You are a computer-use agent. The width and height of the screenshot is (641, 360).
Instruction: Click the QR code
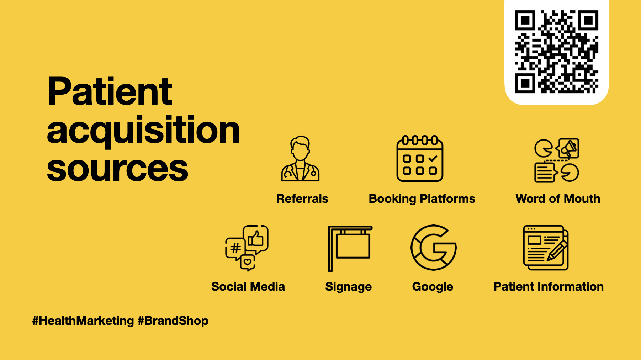point(556,52)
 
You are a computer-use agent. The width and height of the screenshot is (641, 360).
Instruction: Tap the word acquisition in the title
point(143,131)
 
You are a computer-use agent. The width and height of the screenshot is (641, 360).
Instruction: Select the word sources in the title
point(117,169)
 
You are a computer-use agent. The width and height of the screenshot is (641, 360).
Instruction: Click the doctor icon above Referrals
point(300,159)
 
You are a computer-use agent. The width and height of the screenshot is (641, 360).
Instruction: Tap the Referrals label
point(302,198)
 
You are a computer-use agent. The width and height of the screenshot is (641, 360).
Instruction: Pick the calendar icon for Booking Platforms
point(420,158)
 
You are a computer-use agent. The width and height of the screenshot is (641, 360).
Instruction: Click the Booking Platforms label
point(422,199)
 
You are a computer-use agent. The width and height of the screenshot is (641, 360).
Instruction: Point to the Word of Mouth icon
point(557,160)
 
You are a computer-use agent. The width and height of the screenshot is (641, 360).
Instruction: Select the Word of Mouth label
point(558,198)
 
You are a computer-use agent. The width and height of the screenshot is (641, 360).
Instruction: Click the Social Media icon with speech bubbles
point(247,248)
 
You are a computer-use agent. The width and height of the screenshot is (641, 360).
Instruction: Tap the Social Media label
point(248,286)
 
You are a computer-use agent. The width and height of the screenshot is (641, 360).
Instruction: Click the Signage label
point(348,287)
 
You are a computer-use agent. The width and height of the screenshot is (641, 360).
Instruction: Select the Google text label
point(433,287)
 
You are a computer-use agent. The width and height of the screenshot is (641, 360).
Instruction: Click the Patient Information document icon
point(546,248)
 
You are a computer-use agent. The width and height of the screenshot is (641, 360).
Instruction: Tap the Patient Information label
point(549,286)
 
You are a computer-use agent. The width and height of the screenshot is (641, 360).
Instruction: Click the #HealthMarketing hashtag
point(83,321)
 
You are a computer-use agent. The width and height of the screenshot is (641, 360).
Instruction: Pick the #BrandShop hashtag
point(173,321)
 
